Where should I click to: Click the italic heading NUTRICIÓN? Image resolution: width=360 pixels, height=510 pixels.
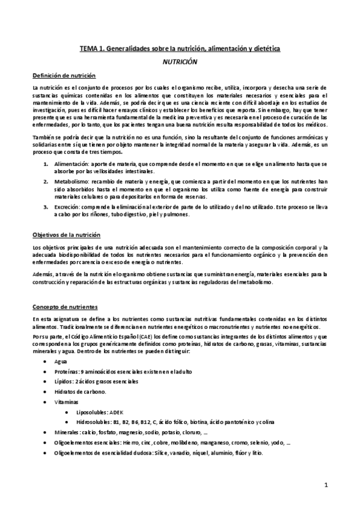180,61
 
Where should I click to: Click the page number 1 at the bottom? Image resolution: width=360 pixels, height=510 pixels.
325,485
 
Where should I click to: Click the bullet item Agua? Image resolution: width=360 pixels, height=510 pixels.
59,362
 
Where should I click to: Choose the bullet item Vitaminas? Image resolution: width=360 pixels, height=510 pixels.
65,401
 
